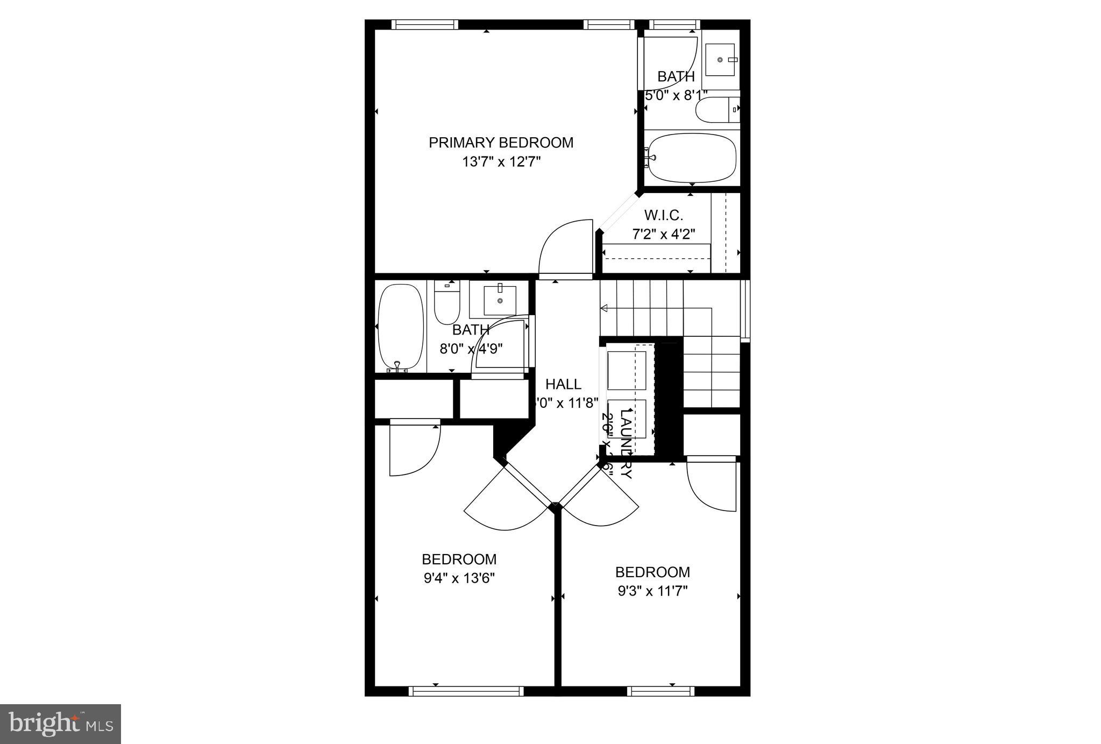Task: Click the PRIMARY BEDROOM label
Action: point(501,143)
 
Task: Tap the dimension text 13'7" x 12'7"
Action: point(501,162)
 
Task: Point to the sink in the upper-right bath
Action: point(720,60)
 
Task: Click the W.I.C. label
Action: point(663,216)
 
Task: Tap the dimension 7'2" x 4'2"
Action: point(663,235)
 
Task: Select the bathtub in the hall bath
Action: point(400,327)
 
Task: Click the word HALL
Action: point(563,384)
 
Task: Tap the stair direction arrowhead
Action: point(604,308)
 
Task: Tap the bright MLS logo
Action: point(60,724)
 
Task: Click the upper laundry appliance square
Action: point(626,371)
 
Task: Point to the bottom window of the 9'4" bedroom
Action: point(466,691)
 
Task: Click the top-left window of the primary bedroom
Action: point(424,24)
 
